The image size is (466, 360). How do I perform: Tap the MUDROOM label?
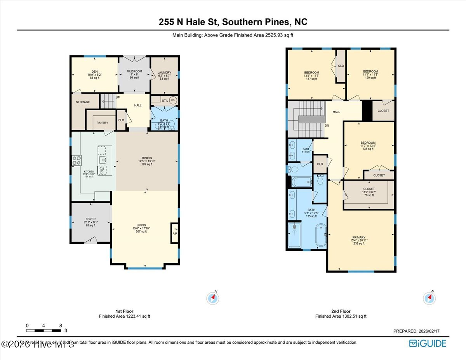tap(134, 71)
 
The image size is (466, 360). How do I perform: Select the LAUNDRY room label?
tap(164, 72)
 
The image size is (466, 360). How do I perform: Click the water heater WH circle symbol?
tap(173, 100)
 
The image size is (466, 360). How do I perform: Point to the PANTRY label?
tap(102, 123)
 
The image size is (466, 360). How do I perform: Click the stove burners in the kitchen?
tap(76, 160)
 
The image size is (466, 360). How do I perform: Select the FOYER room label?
tap(90, 219)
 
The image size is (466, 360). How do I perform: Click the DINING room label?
tap(147, 158)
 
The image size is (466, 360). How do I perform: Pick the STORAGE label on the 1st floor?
tap(83, 102)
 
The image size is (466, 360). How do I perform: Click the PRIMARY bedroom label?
tap(358, 237)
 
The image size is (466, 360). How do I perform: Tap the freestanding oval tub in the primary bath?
tap(321, 235)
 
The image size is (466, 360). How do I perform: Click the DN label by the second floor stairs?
tap(327, 125)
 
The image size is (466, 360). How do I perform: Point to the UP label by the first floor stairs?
tap(117, 97)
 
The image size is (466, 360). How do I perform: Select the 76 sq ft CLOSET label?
tap(369, 189)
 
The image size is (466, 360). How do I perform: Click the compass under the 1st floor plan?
tap(213, 298)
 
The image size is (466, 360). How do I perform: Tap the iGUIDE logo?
tap(428, 343)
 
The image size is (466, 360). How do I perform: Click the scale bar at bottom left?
tap(43, 330)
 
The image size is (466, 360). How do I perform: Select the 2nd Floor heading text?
tap(341, 311)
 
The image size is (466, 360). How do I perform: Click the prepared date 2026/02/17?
tap(416, 331)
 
